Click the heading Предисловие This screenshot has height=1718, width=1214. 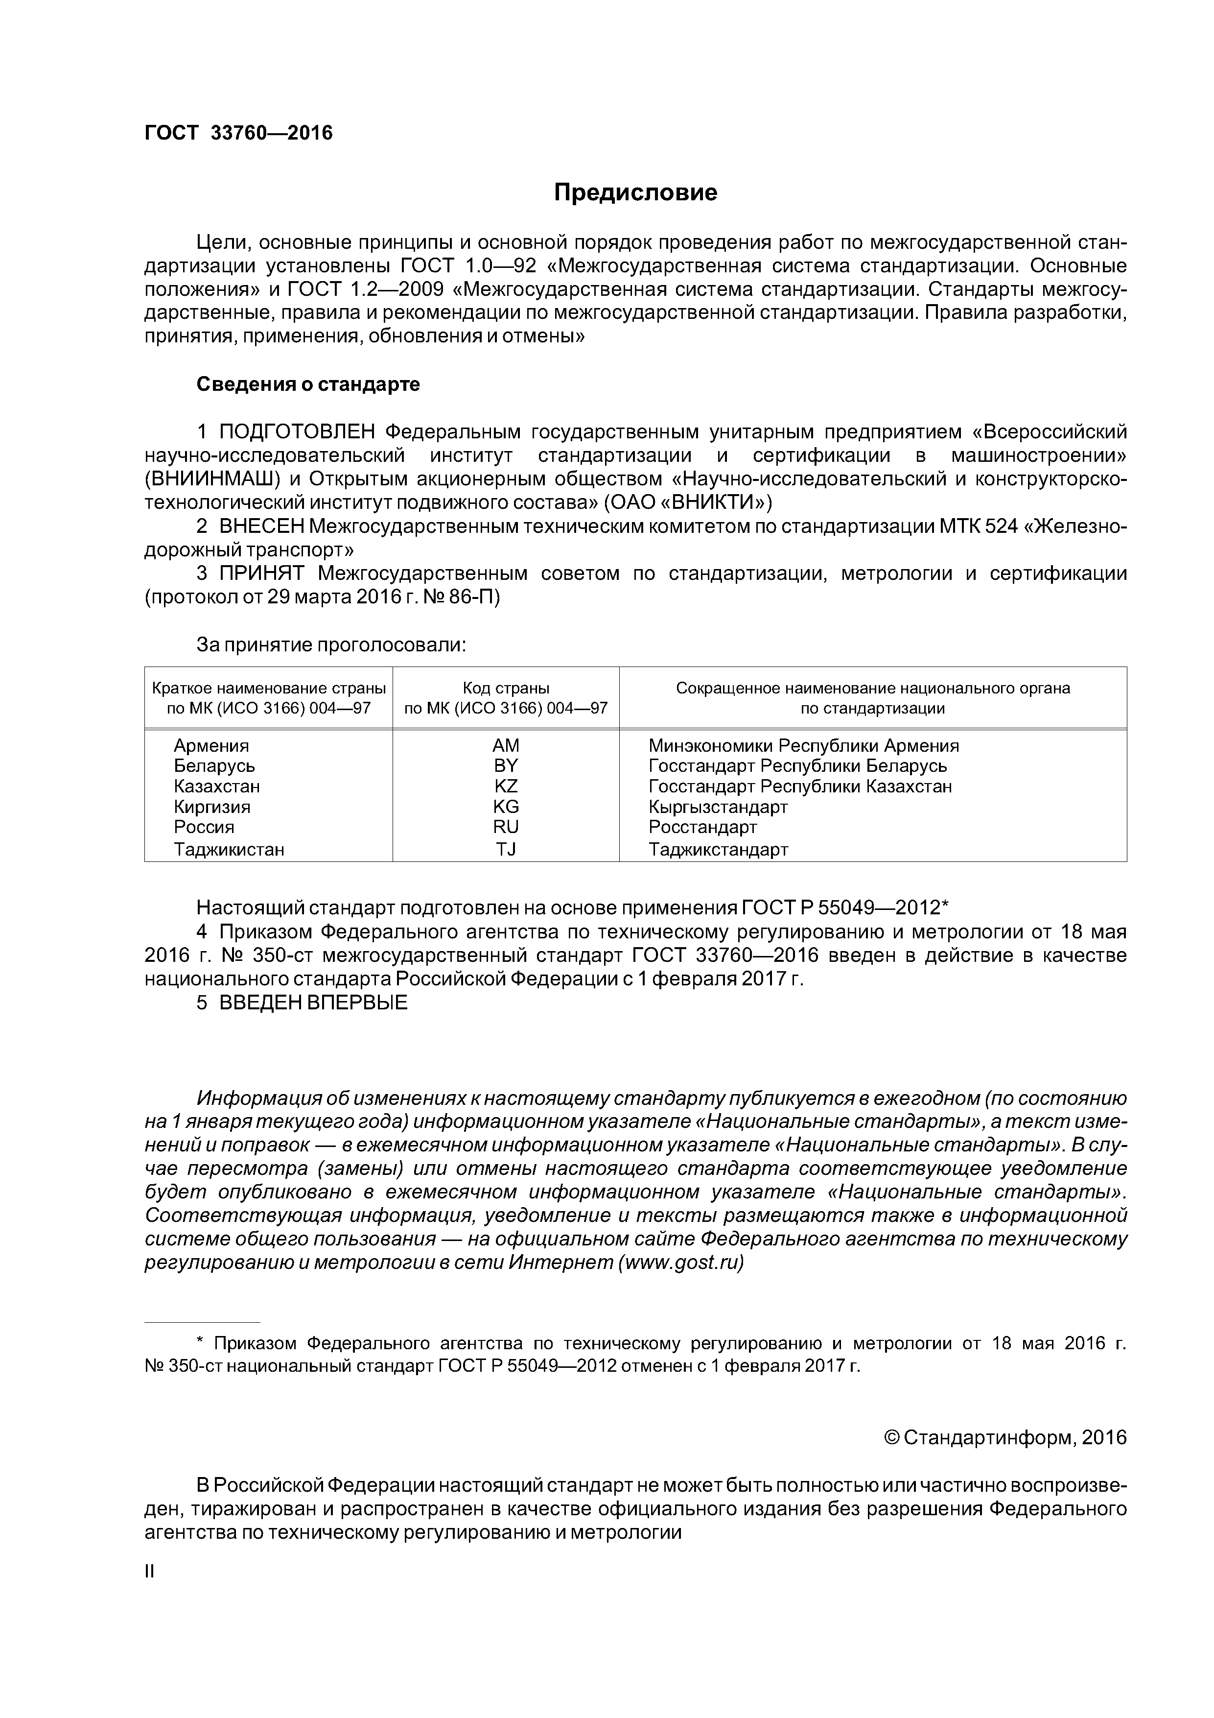coord(635,193)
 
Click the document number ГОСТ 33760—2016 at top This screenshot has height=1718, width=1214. coord(238,133)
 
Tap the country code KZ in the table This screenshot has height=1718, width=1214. coord(506,787)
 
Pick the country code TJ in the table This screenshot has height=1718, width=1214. coord(506,849)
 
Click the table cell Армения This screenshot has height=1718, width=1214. coord(211,746)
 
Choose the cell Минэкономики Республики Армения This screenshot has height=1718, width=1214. coord(803,746)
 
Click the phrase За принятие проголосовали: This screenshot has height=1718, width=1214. coord(331,645)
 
